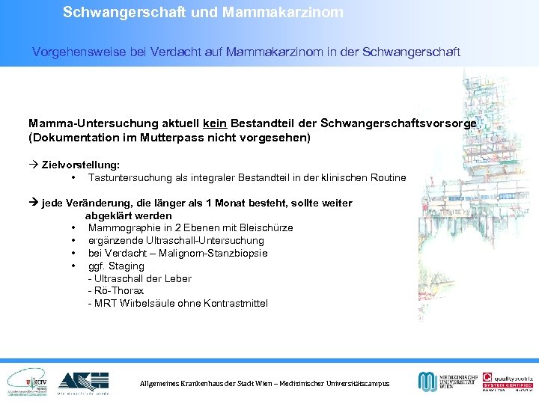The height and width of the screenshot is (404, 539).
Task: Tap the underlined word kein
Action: point(214,123)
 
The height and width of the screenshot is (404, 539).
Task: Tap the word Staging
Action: point(127,266)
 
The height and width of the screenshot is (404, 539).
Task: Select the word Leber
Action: point(178,278)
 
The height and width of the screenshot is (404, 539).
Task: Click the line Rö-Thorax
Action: point(116,290)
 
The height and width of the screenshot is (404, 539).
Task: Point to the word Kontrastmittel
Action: point(233,303)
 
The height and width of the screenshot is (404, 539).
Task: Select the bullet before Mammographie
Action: point(73,227)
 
